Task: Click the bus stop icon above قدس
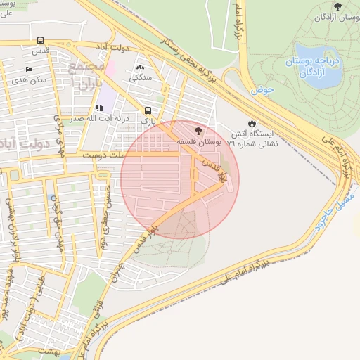pyautogui.click(x=41, y=41)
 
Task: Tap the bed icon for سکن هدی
pyautogui.click(x=29, y=69)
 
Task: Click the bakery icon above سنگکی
pyautogui.click(x=139, y=67)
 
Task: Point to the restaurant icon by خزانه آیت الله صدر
pyautogui.click(x=99, y=108)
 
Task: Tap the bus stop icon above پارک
pyautogui.click(x=148, y=110)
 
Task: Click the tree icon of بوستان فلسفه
pyautogui.click(x=198, y=131)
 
